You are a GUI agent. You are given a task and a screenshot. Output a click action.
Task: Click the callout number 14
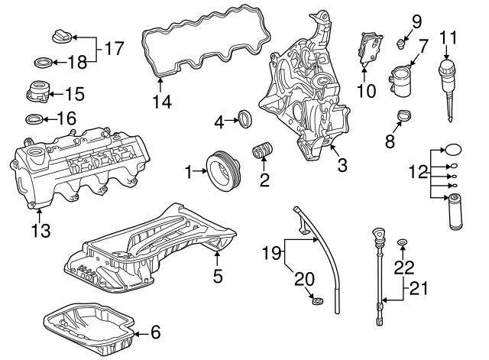pos(162,102)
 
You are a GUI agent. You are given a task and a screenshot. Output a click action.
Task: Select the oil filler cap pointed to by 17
pos(63,36)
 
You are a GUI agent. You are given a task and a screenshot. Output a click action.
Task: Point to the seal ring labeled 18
pos(43,63)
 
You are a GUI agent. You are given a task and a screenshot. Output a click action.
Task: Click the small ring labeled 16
pos(34,119)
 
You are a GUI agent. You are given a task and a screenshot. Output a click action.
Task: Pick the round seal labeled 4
pos(245,118)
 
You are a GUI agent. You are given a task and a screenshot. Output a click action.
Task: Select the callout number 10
pos(366,91)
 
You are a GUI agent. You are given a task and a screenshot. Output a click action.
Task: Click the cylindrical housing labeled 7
pos(400,79)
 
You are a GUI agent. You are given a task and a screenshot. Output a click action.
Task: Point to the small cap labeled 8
pos(404,115)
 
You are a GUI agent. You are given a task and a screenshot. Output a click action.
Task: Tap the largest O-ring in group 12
pos(453,150)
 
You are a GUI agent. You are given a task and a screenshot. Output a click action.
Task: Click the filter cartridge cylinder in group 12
pos(455,212)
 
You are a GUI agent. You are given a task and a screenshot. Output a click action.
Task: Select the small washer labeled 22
pos(403,242)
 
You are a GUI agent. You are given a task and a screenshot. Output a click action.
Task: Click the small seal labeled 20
pos(318,301)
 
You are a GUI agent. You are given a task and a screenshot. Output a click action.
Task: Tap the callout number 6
pos(155,332)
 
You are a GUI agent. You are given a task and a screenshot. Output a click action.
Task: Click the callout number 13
pos(40,231)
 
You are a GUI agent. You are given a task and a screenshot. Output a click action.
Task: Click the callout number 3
pos(342,165)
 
